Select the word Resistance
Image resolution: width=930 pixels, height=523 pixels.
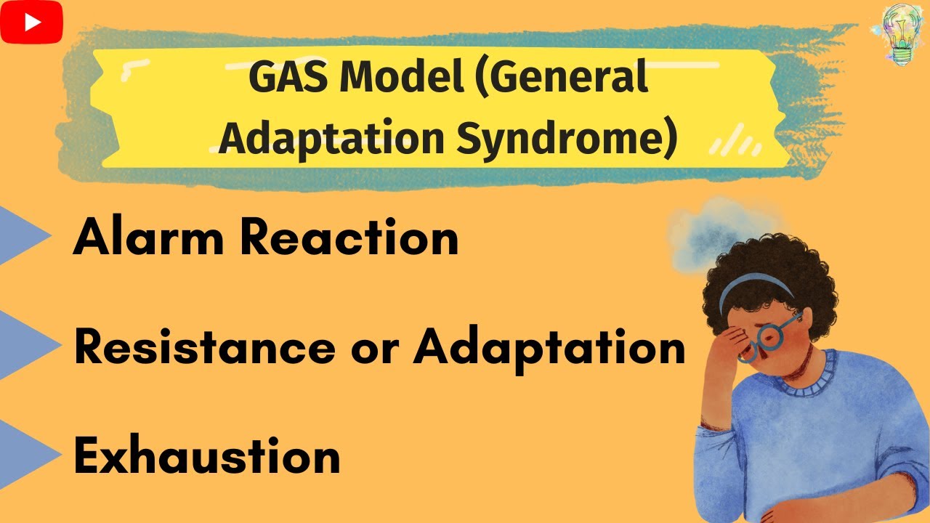pos(204,347)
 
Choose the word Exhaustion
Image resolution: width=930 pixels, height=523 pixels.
pos(207,457)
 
